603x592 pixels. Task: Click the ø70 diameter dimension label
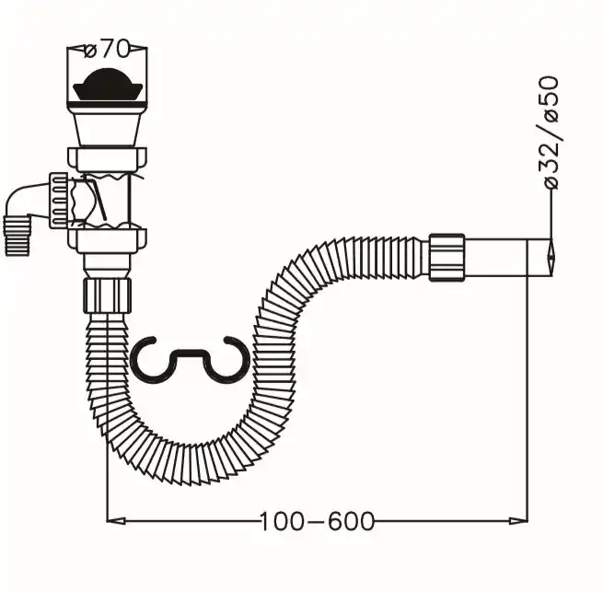pyautogui.click(x=107, y=50)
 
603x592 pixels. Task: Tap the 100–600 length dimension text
pyautogui.click(x=318, y=521)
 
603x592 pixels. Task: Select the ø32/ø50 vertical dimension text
pyautogui.click(x=550, y=132)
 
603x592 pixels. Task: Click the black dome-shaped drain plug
pyautogui.click(x=108, y=84)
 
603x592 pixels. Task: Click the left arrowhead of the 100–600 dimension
pyautogui.click(x=116, y=521)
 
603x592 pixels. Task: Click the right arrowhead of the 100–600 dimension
pyautogui.click(x=518, y=521)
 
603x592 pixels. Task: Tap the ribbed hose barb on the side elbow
pyautogui.click(x=17, y=237)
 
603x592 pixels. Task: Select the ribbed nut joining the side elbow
pyautogui.click(x=58, y=200)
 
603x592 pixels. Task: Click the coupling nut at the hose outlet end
pyautogui.click(x=446, y=258)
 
